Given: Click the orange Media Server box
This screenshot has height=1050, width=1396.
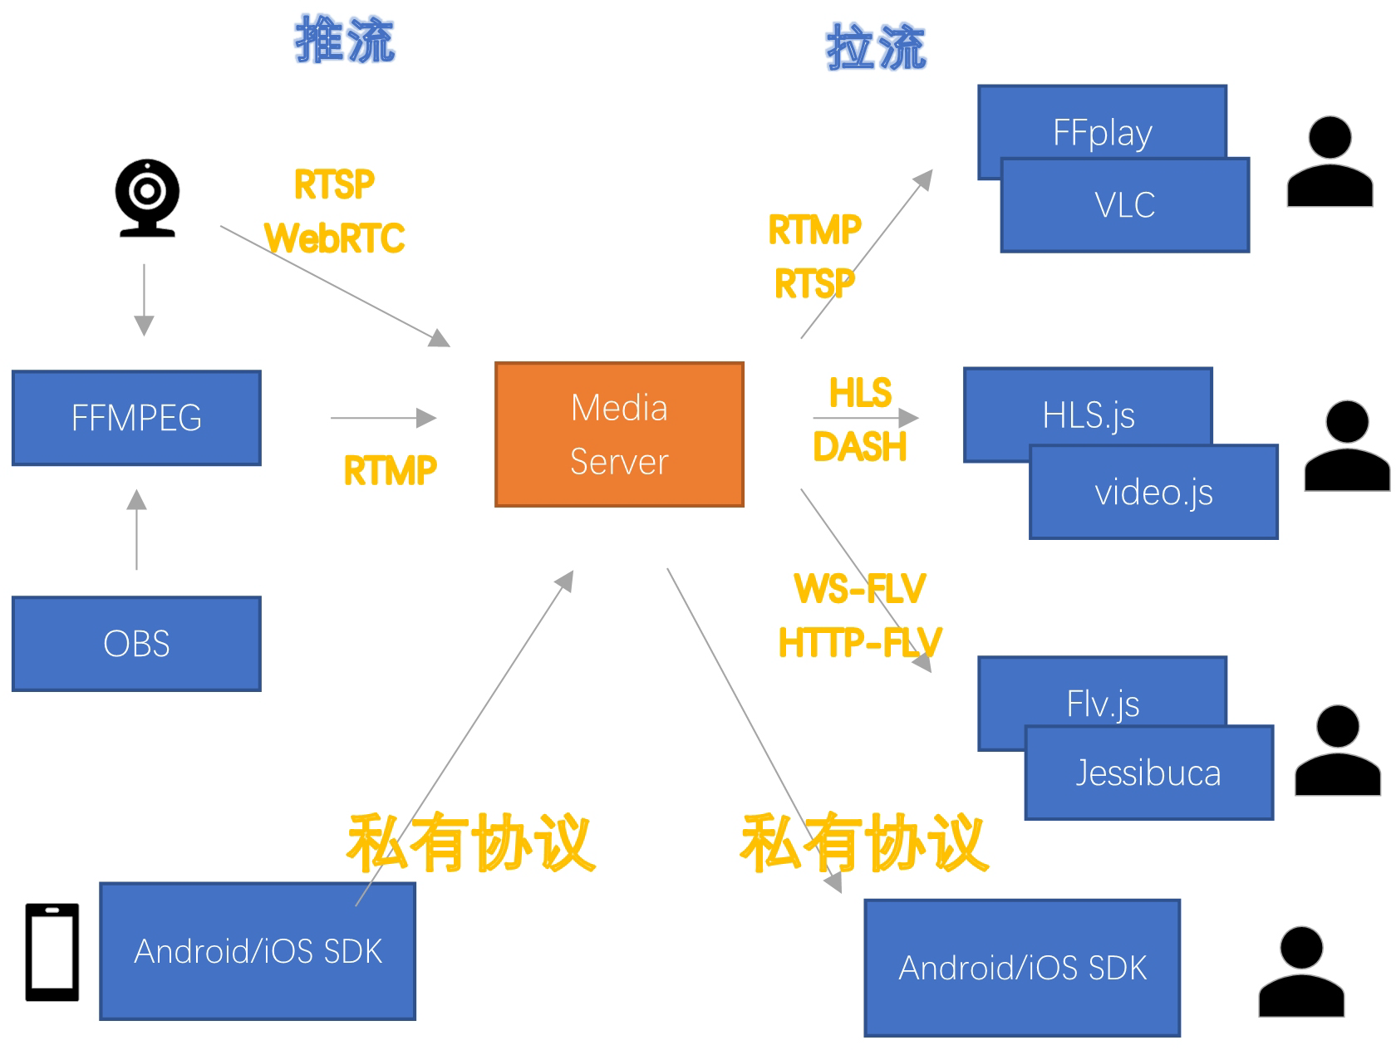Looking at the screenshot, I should click(x=619, y=434).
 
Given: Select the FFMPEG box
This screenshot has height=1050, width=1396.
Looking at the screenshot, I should click(x=136, y=418).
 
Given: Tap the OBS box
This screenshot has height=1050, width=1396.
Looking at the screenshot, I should click(x=136, y=644).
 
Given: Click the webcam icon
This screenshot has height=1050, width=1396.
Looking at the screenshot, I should click(x=147, y=198).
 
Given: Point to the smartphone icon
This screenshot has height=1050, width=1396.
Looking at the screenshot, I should click(x=52, y=952).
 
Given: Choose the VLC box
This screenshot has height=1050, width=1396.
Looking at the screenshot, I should click(x=1125, y=205).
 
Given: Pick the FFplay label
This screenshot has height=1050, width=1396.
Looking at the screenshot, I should click(x=1102, y=133).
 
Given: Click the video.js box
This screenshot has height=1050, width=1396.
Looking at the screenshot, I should click(x=1153, y=493).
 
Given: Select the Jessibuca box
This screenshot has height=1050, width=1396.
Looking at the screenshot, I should click(x=1148, y=773).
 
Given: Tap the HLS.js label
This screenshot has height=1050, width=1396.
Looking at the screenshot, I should click(x=1089, y=415).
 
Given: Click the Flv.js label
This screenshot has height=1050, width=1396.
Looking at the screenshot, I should click(x=1103, y=704).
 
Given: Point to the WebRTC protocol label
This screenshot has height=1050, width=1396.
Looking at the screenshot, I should click(x=335, y=238).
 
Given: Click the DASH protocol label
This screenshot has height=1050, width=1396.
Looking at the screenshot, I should click(x=859, y=448).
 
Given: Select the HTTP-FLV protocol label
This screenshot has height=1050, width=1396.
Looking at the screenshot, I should click(x=859, y=643).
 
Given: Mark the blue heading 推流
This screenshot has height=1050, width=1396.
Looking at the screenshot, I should click(x=345, y=40).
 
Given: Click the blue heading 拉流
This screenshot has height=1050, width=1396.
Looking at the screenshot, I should click(x=876, y=47).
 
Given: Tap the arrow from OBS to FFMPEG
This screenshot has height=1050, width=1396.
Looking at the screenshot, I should click(x=137, y=529).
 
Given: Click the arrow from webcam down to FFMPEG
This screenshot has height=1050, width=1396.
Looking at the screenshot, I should click(x=144, y=300).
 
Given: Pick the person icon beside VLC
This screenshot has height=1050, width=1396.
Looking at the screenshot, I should click(x=1330, y=162).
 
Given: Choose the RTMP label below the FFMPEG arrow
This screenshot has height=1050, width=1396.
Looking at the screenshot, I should click(x=390, y=471).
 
